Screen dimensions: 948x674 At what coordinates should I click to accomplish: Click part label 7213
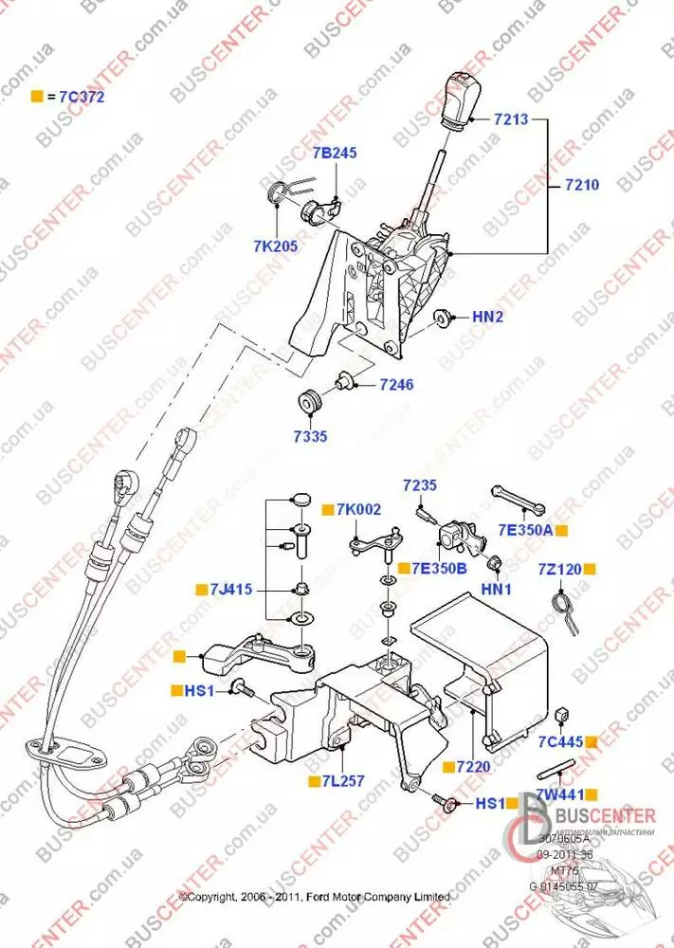click(511, 120)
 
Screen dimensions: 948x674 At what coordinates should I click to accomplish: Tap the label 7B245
click(335, 153)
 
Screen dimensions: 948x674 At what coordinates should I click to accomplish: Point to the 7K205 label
click(275, 246)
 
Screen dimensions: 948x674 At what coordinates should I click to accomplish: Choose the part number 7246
click(396, 385)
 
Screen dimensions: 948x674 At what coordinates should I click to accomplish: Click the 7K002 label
click(359, 510)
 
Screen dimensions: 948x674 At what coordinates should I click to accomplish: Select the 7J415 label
click(231, 590)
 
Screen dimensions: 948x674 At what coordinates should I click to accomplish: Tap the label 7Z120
click(558, 569)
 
